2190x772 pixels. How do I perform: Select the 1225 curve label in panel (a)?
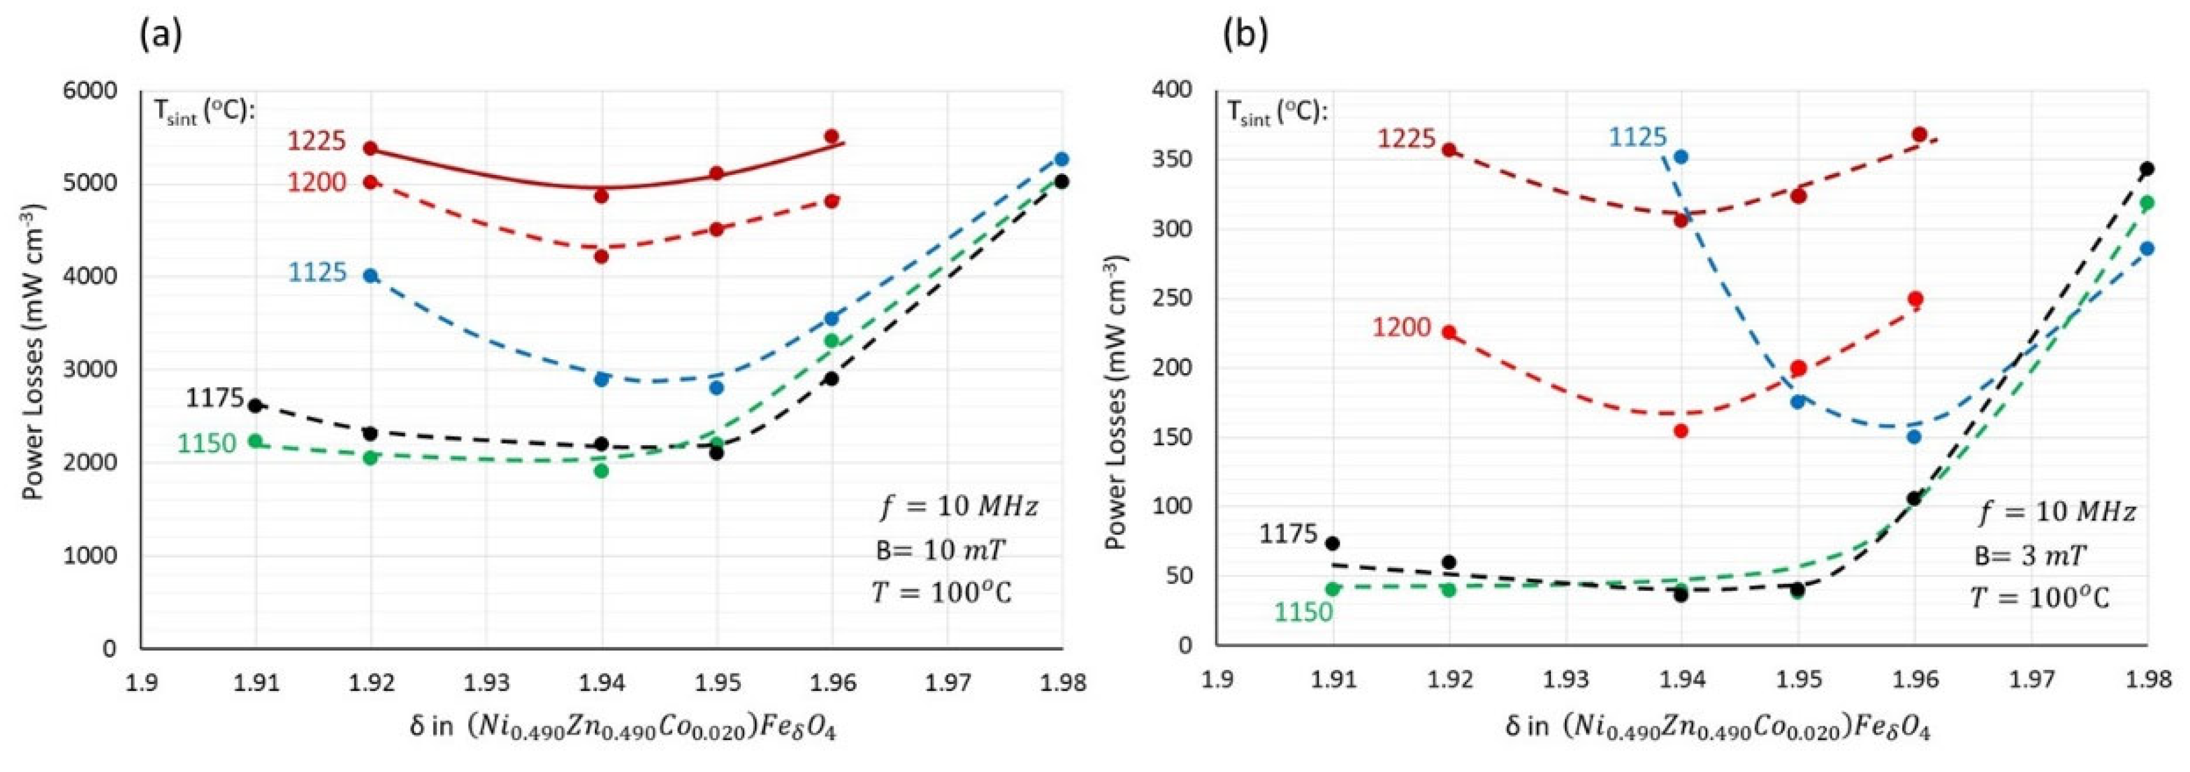tap(316, 140)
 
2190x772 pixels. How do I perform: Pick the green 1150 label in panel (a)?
tap(207, 444)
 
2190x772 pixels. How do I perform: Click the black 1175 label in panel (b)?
tap(1288, 534)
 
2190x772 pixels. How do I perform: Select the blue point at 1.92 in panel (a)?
tap(370, 275)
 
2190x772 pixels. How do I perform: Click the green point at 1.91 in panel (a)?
tap(255, 440)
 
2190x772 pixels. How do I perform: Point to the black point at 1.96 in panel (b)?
tap(1913, 498)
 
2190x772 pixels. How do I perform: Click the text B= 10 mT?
tap(940, 550)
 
